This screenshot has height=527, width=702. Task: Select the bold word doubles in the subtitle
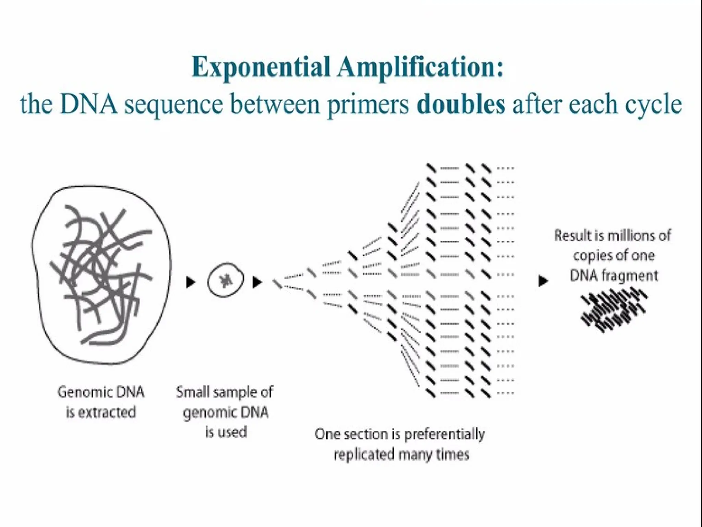(461, 104)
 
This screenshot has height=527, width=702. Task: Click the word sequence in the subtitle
(173, 105)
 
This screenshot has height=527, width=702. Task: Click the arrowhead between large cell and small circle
(191, 282)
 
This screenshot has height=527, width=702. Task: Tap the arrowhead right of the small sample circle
(257, 282)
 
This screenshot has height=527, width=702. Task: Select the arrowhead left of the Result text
(543, 281)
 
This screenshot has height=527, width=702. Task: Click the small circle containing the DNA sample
(226, 280)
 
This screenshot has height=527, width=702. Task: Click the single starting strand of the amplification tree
(277, 283)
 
